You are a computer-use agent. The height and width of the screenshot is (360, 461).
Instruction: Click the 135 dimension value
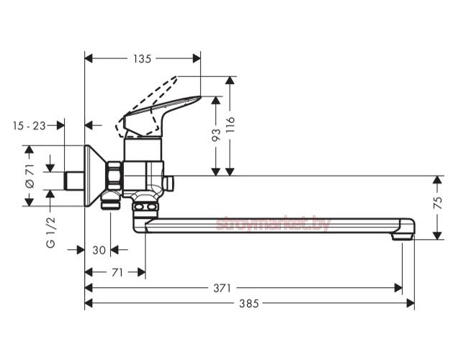(x=143, y=59)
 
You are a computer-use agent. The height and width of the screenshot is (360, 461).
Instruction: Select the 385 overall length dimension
(x=249, y=303)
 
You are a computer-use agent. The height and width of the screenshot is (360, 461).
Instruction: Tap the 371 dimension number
(x=223, y=288)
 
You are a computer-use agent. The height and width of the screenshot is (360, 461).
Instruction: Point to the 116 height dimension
(x=230, y=125)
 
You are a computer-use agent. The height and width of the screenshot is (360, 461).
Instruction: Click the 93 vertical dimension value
(x=216, y=135)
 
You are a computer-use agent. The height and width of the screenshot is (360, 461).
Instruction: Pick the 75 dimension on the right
(x=438, y=203)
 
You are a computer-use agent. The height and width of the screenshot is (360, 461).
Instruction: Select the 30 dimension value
(x=99, y=251)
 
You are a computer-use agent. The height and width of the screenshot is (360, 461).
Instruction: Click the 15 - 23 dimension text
(x=30, y=126)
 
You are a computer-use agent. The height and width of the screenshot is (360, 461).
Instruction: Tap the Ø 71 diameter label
(x=30, y=176)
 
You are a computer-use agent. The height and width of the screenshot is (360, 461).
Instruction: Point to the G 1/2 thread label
(x=50, y=232)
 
